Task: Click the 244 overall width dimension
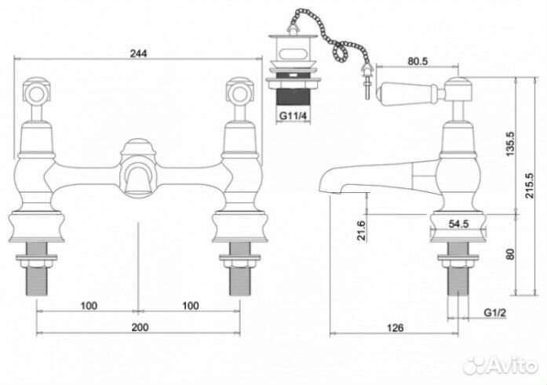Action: (139, 53)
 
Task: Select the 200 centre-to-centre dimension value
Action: (140, 327)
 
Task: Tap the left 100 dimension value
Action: (89, 306)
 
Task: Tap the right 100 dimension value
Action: (191, 306)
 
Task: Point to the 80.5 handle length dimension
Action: (418, 61)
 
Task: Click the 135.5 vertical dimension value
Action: (510, 144)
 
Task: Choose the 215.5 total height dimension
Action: (530, 185)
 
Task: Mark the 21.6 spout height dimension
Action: (362, 231)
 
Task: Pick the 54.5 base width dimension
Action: (458, 224)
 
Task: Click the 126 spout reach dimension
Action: (396, 328)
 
